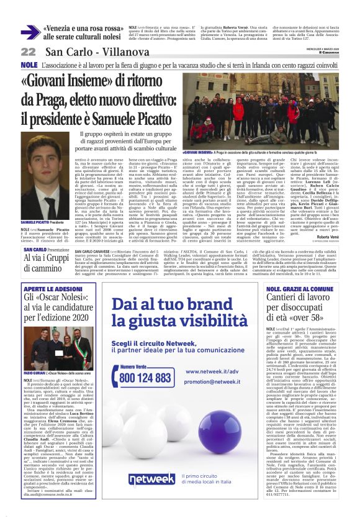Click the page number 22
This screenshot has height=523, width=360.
(x=28, y=52)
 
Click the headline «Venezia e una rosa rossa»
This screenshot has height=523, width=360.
(x=83, y=29)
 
